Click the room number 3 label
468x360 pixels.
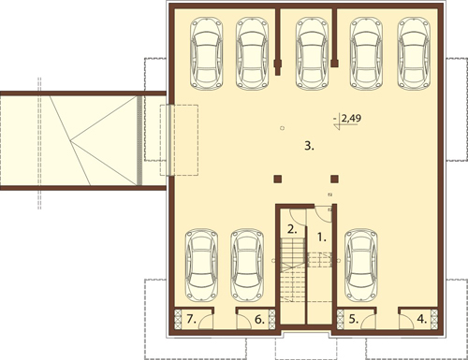[309, 146]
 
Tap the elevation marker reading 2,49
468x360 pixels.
[345, 121]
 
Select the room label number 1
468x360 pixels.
[322, 238]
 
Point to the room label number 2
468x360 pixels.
[292, 230]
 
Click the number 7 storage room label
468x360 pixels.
[191, 319]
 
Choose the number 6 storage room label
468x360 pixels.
[259, 320]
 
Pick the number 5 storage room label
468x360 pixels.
[353, 319]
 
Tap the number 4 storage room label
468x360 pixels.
[422, 319]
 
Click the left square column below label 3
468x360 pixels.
[278, 179]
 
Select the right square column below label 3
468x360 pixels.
[334, 179]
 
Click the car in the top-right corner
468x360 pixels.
[415, 53]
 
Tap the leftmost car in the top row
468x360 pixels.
[207, 53]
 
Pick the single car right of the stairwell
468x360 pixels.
[361, 266]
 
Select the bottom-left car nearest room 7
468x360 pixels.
[202, 266]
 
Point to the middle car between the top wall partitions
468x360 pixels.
[312, 53]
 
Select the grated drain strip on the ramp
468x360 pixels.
[139, 140]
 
